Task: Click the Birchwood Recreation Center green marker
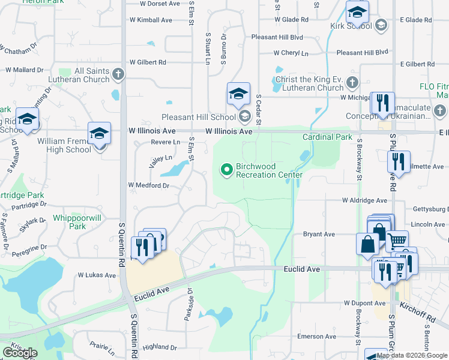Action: pos(227,170)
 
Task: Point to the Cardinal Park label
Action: pos(327,137)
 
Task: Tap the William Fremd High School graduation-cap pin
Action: pos(99,135)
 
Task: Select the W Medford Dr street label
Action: pos(149,185)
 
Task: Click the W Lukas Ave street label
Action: pos(96,275)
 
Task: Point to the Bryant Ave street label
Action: pos(319,234)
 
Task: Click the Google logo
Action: pos(20,353)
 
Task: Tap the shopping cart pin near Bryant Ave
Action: pos(396,240)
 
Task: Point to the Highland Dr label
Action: pos(160,347)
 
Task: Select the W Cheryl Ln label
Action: pos(291,53)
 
